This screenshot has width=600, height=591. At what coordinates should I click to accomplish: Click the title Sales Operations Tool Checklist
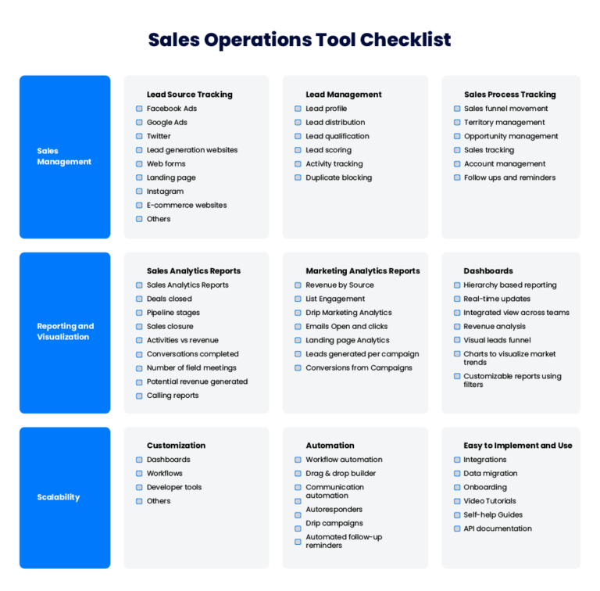coord(299,40)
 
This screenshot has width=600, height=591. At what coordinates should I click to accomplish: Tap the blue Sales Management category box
coord(65,156)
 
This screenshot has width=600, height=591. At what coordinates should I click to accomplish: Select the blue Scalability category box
coord(65,497)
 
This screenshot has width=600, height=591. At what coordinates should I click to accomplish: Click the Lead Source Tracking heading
coord(189,95)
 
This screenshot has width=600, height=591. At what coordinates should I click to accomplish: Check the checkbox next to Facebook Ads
coord(139,109)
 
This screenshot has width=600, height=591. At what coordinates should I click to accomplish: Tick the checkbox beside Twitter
coord(139,136)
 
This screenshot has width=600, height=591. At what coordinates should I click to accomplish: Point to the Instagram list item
coord(165,192)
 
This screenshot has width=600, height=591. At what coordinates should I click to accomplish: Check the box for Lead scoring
coord(298,150)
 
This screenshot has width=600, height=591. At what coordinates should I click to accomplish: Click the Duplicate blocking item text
coord(338,177)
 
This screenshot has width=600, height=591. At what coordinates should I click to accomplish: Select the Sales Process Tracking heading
coord(509,95)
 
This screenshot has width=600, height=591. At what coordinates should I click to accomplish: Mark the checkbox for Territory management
coord(457,123)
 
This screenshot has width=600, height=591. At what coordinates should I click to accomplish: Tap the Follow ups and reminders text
coord(509,177)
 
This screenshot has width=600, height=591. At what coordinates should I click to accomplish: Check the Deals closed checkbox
coord(139,299)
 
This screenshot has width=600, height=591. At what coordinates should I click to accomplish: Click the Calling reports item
coord(172,396)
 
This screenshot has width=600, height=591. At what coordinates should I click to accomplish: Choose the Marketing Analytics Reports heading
coord(362,271)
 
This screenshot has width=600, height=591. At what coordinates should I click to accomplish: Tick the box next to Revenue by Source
coord(298,285)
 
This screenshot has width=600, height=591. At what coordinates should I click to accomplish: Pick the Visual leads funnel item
coord(497,340)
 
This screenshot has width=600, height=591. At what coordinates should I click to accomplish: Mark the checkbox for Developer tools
coord(139,488)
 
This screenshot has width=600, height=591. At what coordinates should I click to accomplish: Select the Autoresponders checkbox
coord(298,510)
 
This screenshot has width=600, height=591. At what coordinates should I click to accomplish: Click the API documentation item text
coord(497,528)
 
